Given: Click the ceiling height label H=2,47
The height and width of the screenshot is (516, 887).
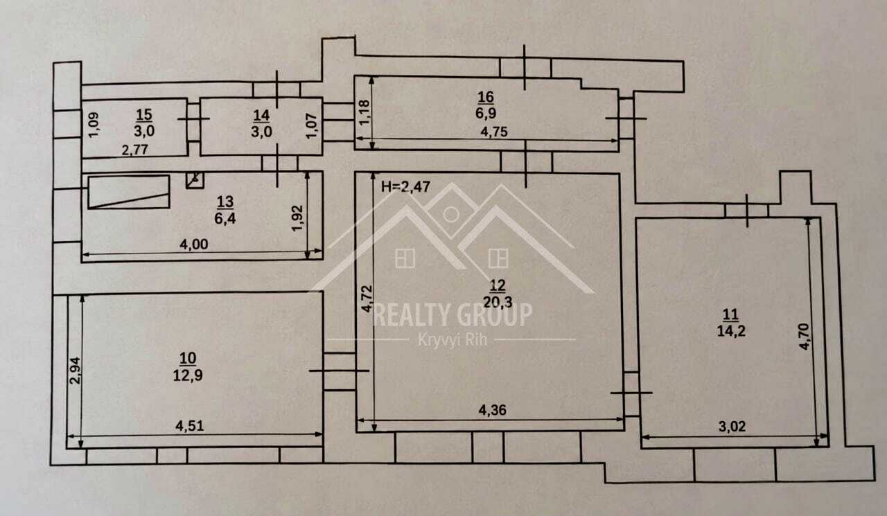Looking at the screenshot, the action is pyautogui.click(x=405, y=186).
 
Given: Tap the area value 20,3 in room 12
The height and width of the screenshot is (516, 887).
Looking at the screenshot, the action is pyautogui.click(x=498, y=302).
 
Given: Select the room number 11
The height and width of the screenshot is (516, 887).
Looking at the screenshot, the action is pyautogui.click(x=730, y=314).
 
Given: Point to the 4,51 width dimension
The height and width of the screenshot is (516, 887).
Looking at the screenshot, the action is pyautogui.click(x=189, y=426).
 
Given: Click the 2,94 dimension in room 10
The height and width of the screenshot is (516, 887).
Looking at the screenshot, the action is pyautogui.click(x=75, y=371).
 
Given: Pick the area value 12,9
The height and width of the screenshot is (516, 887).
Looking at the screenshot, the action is pyautogui.click(x=188, y=375).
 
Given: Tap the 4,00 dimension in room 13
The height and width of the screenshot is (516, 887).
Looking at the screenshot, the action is pyautogui.click(x=193, y=244).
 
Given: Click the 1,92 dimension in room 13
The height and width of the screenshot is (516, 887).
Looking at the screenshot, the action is pyautogui.click(x=297, y=218).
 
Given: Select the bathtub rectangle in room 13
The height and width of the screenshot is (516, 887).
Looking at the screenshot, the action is pyautogui.click(x=129, y=192).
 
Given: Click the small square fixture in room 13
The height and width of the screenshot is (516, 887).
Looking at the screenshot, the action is pyautogui.click(x=195, y=180).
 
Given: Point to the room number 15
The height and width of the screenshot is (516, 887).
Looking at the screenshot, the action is pyautogui.click(x=143, y=115).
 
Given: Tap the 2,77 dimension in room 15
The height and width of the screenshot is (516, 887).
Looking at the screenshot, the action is pyautogui.click(x=134, y=150).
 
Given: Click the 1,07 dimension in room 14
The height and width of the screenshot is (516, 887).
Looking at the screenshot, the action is pyautogui.click(x=312, y=126).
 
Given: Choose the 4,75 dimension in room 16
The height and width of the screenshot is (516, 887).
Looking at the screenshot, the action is pyautogui.click(x=494, y=132).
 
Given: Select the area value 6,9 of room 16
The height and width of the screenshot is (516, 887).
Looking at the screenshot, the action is pyautogui.click(x=486, y=113).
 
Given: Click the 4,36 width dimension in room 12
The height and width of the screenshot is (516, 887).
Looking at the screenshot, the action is pyautogui.click(x=492, y=410).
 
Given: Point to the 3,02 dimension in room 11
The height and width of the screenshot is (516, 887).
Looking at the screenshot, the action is pyautogui.click(x=732, y=426).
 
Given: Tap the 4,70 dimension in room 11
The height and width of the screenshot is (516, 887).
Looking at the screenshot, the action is pyautogui.click(x=804, y=337).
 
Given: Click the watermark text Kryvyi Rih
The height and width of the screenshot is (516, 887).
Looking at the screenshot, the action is pyautogui.click(x=453, y=340).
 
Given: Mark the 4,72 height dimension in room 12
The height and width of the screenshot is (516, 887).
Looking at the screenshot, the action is pyautogui.click(x=367, y=299).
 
